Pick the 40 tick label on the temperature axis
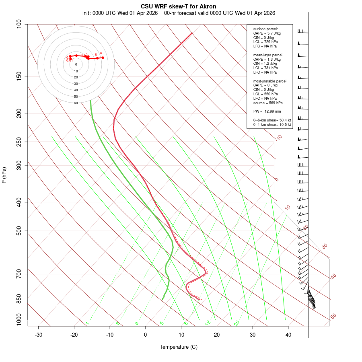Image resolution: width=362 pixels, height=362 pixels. point(288,335)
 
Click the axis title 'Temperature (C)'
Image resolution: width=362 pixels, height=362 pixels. point(178,347)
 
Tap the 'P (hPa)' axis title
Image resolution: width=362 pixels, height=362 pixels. point(4,175)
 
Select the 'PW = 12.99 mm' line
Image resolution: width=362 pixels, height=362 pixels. point(267,111)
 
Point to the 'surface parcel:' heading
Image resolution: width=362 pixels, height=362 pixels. point(265,29)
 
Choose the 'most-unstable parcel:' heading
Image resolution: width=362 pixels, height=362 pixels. point(270,81)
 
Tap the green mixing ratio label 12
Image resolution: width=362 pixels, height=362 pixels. point(208,323)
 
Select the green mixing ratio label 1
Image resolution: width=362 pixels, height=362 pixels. point(87,323)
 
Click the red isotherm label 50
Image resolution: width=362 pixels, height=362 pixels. point(333,317)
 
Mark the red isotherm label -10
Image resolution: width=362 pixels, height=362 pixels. point(278,138)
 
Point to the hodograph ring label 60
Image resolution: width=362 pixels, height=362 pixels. point(76,103)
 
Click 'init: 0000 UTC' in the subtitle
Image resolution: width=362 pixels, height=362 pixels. point(99,13)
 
